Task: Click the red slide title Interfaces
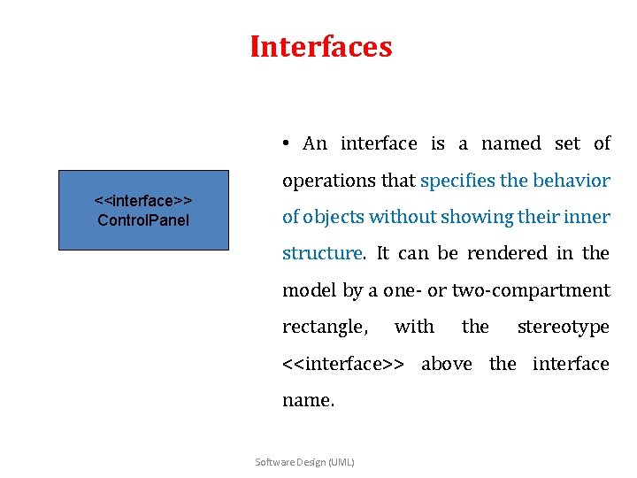pos(320,46)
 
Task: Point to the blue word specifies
pos(457,181)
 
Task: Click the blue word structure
pos(321,254)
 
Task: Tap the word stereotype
pos(564,328)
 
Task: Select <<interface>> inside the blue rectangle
pos(143,202)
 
